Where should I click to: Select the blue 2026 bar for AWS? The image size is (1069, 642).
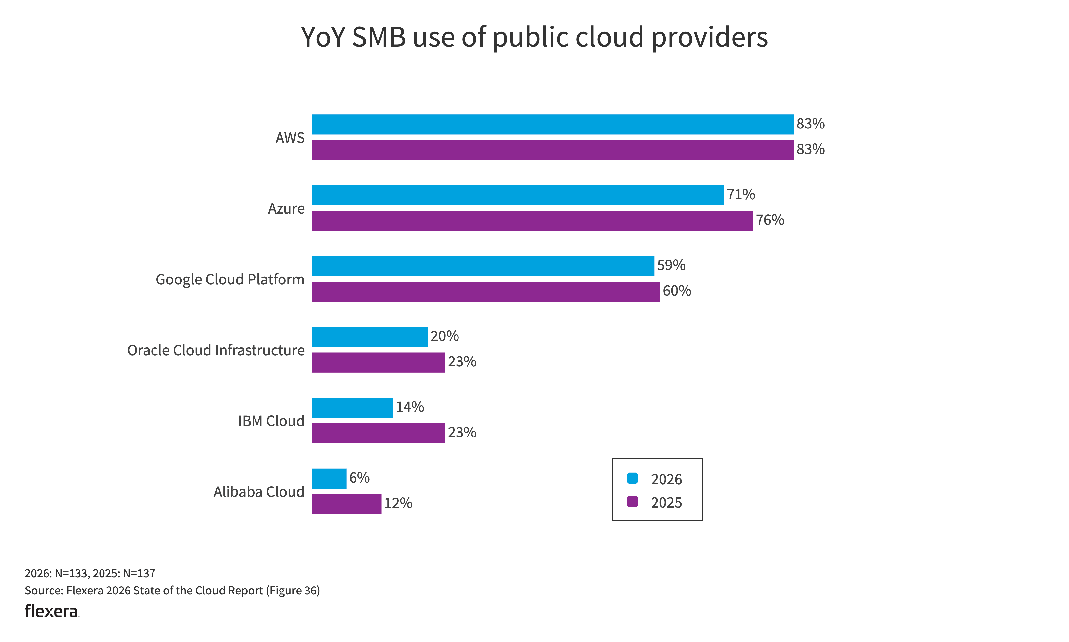click(552, 125)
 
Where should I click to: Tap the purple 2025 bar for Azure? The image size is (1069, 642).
click(532, 221)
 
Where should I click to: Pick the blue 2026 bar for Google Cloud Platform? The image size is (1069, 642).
click(483, 266)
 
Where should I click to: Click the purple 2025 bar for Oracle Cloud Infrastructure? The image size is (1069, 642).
click(378, 362)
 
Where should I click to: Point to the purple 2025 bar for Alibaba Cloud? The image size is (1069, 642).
click(346, 504)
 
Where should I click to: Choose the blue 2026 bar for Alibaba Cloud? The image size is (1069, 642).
click(329, 479)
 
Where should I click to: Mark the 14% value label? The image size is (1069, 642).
click(409, 407)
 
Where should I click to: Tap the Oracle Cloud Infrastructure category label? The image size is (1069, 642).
click(216, 350)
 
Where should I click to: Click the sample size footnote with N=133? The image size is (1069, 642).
click(90, 574)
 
